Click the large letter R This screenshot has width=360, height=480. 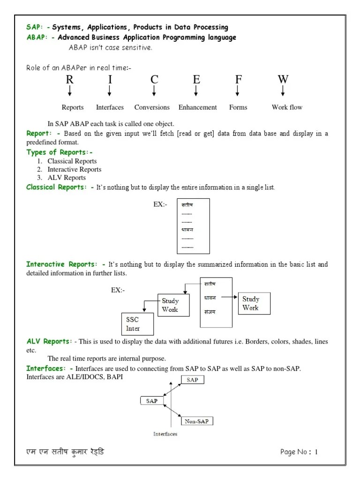[69, 79]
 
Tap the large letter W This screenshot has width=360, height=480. [283, 79]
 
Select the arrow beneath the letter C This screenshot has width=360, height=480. [154, 91]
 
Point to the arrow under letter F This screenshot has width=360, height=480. [238, 91]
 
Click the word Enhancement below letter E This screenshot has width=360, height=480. [197, 107]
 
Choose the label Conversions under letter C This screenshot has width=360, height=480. [152, 107]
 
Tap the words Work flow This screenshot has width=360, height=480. [287, 107]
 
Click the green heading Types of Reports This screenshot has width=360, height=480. [60, 152]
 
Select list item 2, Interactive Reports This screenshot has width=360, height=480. [74, 169]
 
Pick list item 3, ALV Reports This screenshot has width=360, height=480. [67, 178]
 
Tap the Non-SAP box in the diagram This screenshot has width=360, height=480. [196, 421]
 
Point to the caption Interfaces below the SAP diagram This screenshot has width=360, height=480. [165, 434]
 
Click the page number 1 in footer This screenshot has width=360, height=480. [316, 452]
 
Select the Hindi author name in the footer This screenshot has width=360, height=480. [65, 452]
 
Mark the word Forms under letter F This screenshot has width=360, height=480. [238, 107]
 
